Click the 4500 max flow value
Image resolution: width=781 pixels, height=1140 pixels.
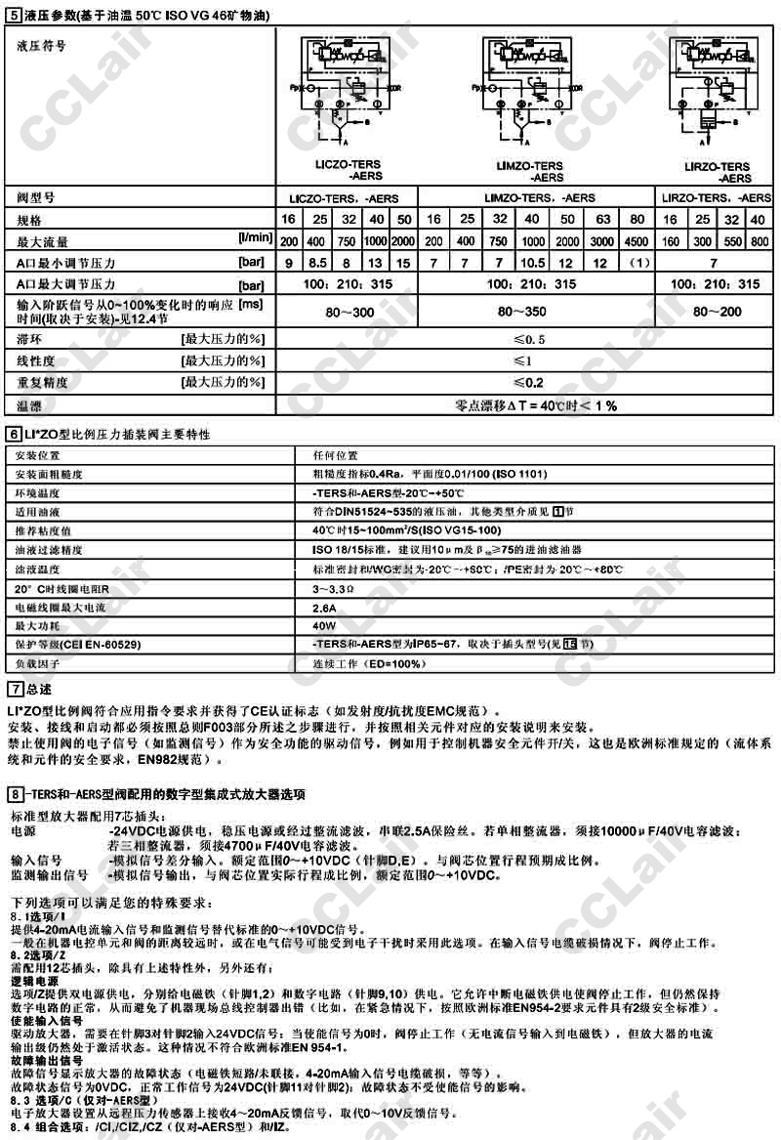(637, 241)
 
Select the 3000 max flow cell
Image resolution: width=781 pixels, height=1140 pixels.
(601, 241)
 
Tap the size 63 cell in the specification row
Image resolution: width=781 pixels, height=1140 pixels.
(601, 220)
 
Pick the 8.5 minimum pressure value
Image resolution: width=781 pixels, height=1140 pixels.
(318, 263)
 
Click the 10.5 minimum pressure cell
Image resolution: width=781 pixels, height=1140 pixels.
(533, 263)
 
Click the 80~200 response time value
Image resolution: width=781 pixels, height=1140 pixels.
(718, 312)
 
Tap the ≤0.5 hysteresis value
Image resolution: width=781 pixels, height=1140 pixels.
(528, 339)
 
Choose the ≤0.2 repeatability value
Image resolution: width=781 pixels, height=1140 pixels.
(528, 382)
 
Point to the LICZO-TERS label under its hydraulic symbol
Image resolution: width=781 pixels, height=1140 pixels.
(349, 165)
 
